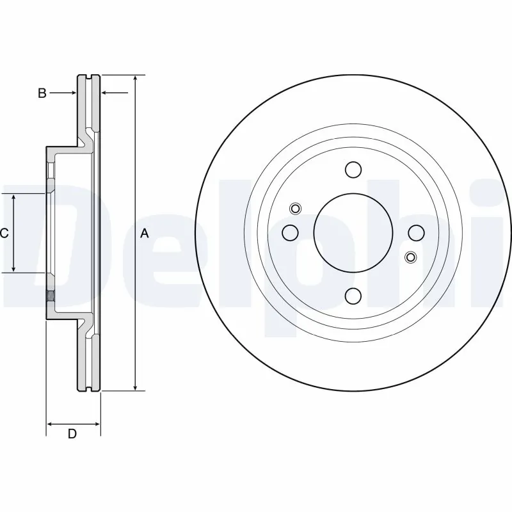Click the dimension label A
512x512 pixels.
pos(145,234)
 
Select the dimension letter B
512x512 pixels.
pos(42,93)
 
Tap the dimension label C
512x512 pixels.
pos(4,234)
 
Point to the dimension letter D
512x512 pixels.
pos(72,435)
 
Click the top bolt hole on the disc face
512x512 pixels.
pos(353,170)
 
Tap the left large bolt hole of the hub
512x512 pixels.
pos(291,232)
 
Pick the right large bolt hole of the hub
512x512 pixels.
pos(416,232)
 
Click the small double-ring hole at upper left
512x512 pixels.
pos(295,208)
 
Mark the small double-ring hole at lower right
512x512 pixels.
pos(411,257)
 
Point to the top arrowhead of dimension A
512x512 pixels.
pos(136,79)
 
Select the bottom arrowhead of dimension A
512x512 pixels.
pos(136,387)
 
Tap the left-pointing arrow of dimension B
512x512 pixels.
pos(106,93)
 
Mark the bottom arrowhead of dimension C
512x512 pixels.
pos(14,269)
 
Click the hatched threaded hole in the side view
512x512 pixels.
pos(50,296)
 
